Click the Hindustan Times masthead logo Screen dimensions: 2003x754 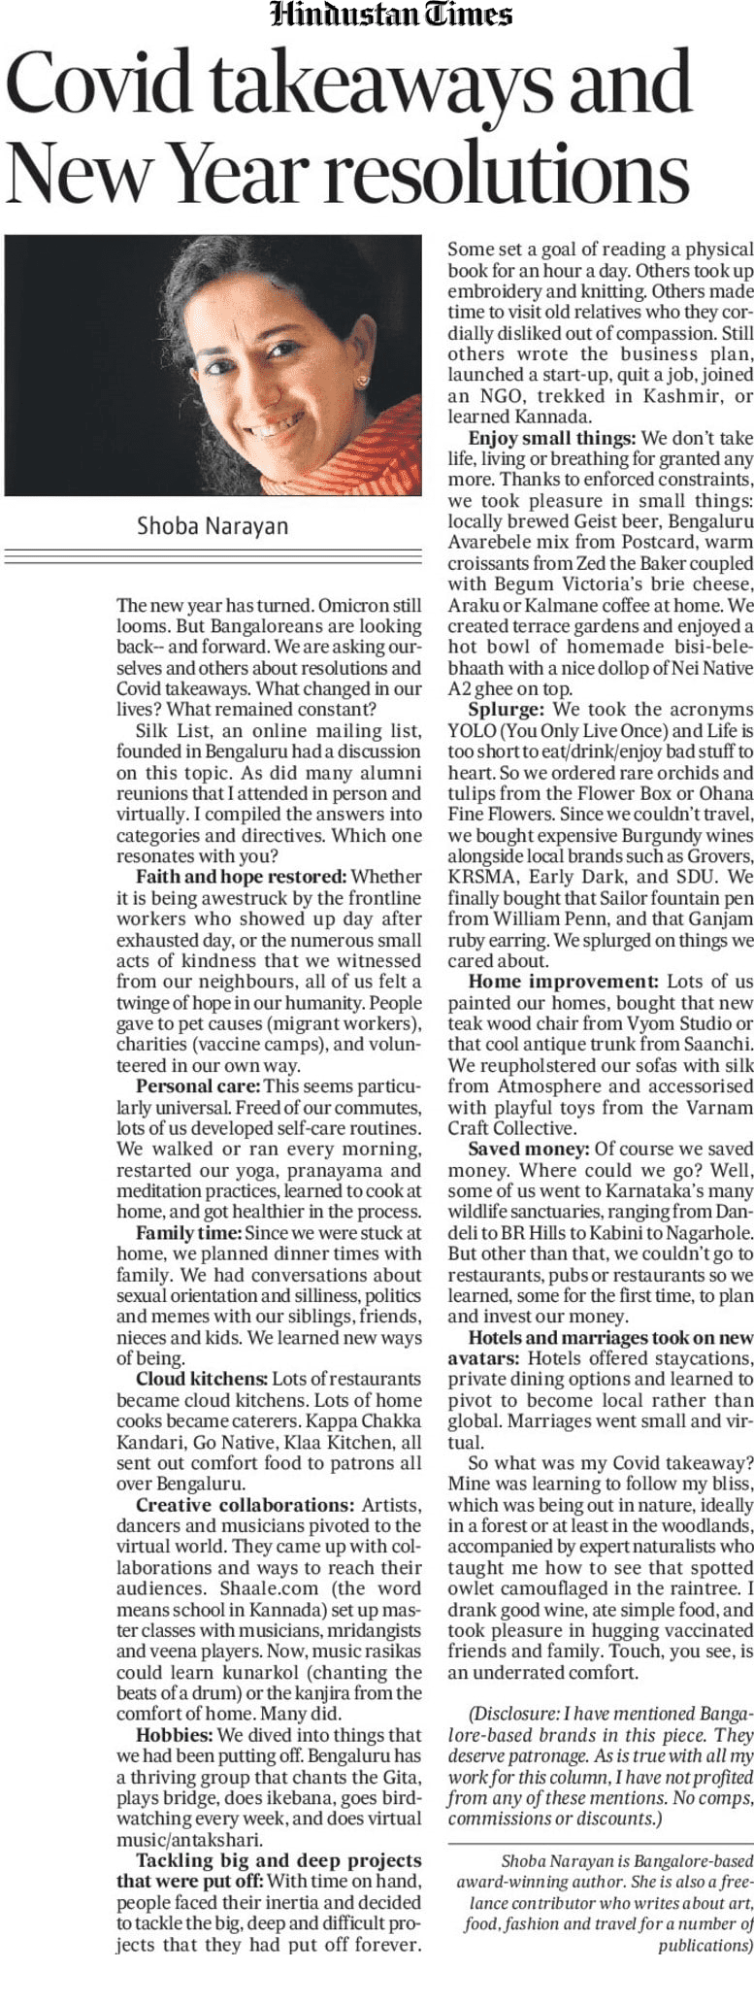point(391,16)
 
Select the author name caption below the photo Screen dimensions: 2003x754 point(213,526)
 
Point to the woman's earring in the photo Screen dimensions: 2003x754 point(362,381)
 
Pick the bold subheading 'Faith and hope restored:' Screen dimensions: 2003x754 point(241,877)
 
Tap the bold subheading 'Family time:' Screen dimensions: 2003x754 point(188,1233)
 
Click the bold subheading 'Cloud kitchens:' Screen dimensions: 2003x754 point(201,1379)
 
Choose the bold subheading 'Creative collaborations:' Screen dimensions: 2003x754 point(245,1505)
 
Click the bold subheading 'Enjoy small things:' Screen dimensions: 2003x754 point(551,438)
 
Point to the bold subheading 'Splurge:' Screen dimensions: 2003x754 point(506,710)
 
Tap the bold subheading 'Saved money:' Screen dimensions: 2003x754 point(528,1149)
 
